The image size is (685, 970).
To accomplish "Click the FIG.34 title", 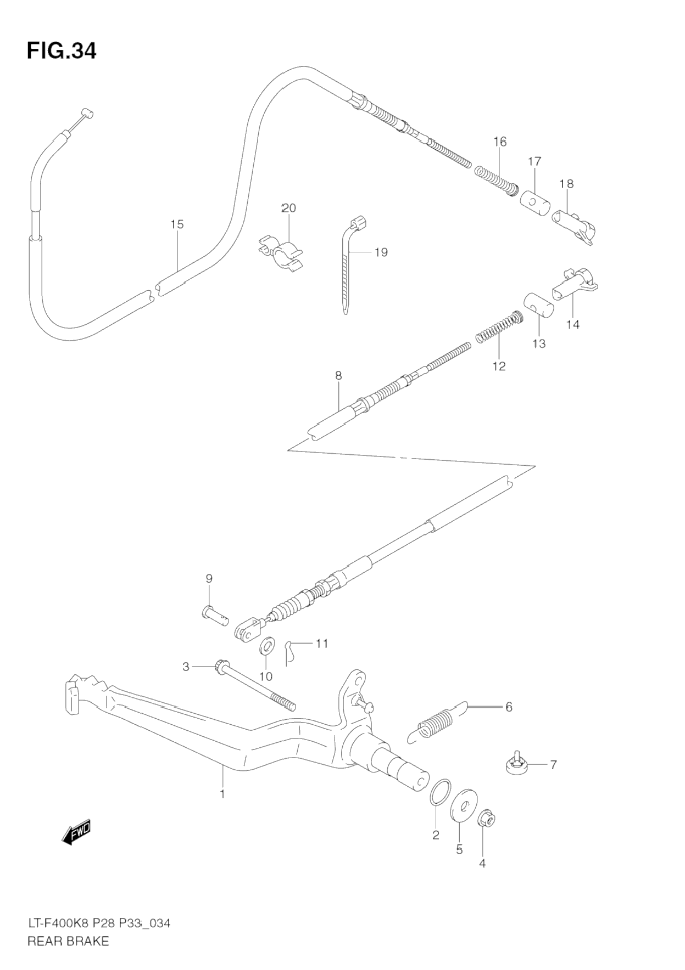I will point(62,50).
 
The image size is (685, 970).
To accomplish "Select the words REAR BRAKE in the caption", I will point(68,941).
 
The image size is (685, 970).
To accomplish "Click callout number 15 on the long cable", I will point(177,224).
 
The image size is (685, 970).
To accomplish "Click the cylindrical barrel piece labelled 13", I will point(538,304).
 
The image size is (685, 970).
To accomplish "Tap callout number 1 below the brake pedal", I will point(222,794).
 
